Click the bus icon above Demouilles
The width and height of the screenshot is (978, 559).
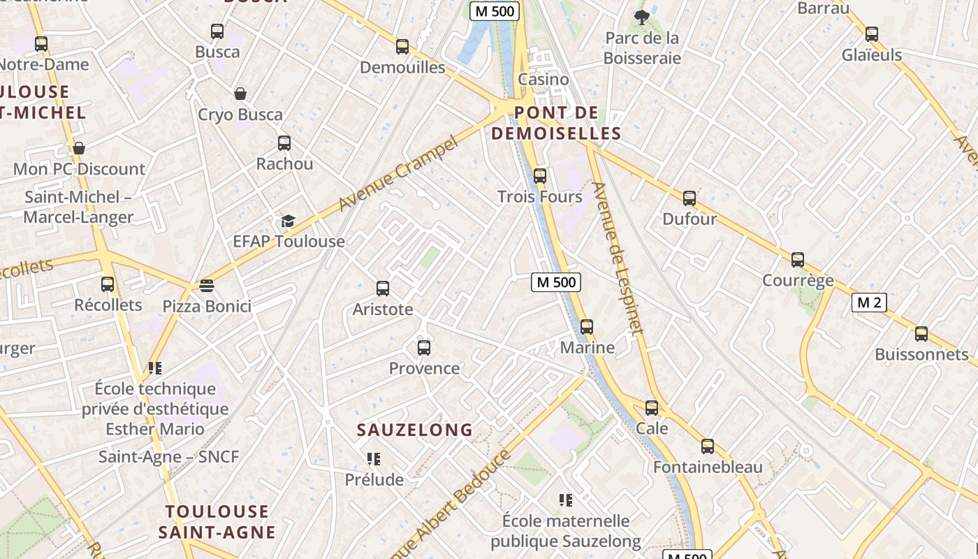[x=402, y=47]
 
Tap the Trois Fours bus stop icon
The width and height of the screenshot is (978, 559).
[x=540, y=176]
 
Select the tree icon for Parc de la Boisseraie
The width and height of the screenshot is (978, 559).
[x=641, y=17]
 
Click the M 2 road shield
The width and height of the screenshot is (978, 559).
[x=869, y=303]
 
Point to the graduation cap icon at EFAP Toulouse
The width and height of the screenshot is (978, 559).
[x=289, y=222]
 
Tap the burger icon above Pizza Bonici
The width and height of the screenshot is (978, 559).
[x=207, y=286]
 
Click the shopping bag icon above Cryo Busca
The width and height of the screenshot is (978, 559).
[x=240, y=94]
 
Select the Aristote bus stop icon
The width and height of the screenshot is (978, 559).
[x=383, y=289]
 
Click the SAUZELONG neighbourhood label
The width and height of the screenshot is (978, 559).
[x=415, y=430]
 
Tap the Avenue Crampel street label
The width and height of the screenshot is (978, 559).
[x=398, y=174]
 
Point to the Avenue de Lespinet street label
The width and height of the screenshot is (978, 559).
[x=617, y=259]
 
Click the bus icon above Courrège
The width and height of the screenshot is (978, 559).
[x=798, y=260]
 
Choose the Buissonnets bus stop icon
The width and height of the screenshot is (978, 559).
[x=921, y=334]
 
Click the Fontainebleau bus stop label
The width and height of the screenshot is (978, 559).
[x=708, y=467]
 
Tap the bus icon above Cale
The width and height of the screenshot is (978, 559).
[x=652, y=408]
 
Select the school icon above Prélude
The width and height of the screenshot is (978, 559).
[x=374, y=459]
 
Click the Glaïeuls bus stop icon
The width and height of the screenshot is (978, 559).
[x=872, y=34]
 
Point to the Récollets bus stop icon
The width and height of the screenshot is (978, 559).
[x=108, y=284]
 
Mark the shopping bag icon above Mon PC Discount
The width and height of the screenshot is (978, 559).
[x=79, y=148]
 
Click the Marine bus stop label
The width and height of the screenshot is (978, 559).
[x=587, y=347]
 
